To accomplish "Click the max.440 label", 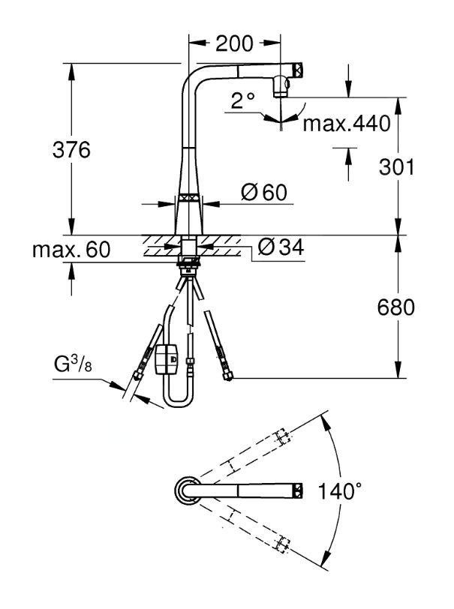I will [x=347, y=124].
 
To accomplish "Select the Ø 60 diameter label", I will [x=263, y=193].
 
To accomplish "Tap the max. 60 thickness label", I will [x=70, y=250].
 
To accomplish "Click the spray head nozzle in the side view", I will [x=282, y=88].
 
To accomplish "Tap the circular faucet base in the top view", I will [x=185, y=491].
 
